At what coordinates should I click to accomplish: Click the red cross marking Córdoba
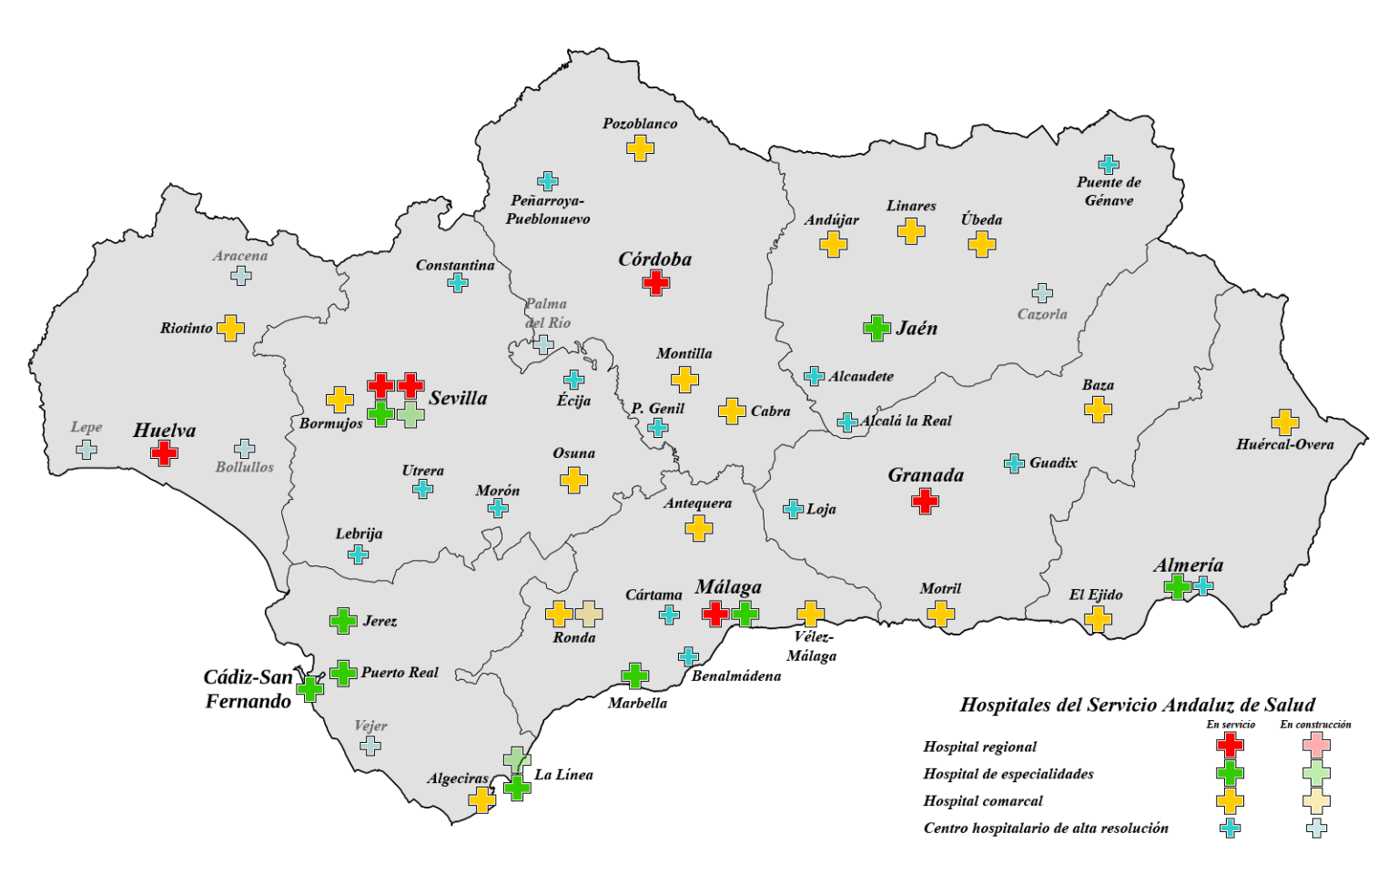click(655, 282)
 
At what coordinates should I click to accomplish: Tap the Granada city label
click(925, 475)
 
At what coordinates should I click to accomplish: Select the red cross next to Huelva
click(164, 452)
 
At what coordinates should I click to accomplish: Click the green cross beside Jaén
click(876, 328)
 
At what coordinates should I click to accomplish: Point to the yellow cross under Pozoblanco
click(640, 147)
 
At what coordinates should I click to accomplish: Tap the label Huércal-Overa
click(1284, 444)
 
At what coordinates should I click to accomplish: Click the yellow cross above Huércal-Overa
click(1284, 422)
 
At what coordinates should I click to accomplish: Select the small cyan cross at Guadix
click(1014, 463)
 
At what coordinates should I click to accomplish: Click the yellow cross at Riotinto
click(230, 328)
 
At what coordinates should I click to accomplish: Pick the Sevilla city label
click(458, 398)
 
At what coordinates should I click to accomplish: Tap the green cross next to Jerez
click(343, 621)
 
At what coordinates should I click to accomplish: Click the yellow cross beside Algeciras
click(481, 800)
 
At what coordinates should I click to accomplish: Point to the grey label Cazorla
click(1042, 314)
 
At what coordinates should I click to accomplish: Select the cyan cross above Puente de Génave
click(1108, 165)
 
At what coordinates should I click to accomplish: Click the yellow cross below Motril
click(940, 613)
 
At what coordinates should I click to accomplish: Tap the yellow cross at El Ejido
click(1098, 619)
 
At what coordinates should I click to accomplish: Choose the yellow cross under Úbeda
click(981, 244)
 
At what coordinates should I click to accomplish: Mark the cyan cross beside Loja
click(793, 509)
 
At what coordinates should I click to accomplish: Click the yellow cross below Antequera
click(698, 527)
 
